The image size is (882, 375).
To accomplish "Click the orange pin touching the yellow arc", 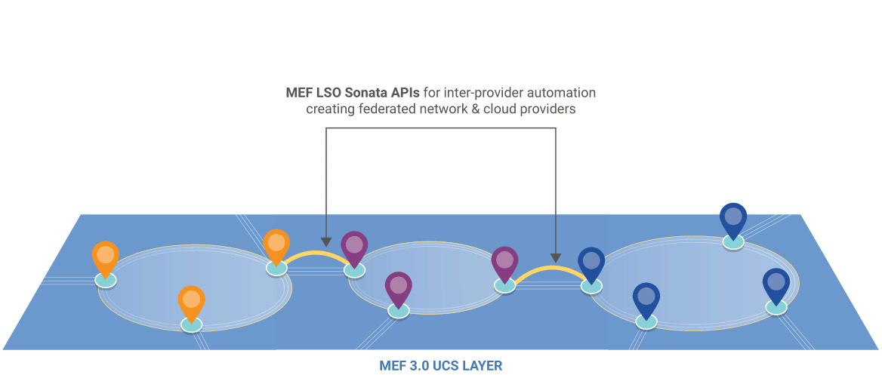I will point(276,244).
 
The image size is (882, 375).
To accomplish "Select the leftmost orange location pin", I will point(106,257).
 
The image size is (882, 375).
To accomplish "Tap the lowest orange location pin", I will point(192,301).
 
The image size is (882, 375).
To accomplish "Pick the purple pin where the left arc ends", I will point(354,247).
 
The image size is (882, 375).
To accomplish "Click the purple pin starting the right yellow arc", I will point(505,262).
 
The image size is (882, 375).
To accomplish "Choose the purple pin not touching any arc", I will point(398,287).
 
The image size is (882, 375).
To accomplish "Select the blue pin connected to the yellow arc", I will point(591,263).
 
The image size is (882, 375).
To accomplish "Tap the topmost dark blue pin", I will point(732,219).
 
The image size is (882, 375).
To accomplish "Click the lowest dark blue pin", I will point(646,299).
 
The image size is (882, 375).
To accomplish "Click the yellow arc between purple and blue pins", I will point(549,269).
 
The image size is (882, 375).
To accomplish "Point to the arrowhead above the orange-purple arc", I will point(325,241).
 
